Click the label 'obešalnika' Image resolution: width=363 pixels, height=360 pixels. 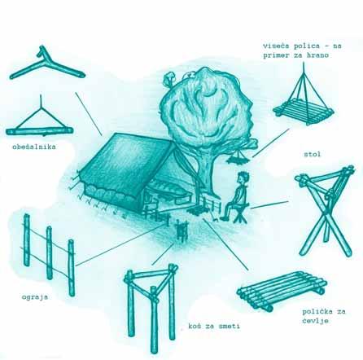[x=34, y=147]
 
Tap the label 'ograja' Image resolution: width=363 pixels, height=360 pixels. [x=35, y=297]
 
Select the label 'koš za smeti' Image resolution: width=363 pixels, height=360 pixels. [x=214, y=326]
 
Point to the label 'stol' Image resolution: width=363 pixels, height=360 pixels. [x=313, y=154]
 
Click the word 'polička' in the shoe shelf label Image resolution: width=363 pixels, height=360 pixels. [x=316, y=311]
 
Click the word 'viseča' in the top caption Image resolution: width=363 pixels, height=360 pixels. [x=277, y=46]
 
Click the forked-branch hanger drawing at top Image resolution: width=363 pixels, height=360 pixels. [x=47, y=64]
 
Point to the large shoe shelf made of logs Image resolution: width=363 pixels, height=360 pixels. [x=282, y=291]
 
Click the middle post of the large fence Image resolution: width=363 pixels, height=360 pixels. [x=49, y=253]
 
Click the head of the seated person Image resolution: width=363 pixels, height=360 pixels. [x=243, y=178]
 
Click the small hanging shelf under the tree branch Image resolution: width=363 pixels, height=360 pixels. [x=238, y=158]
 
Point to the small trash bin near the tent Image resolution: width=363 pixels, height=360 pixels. [x=181, y=230]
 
